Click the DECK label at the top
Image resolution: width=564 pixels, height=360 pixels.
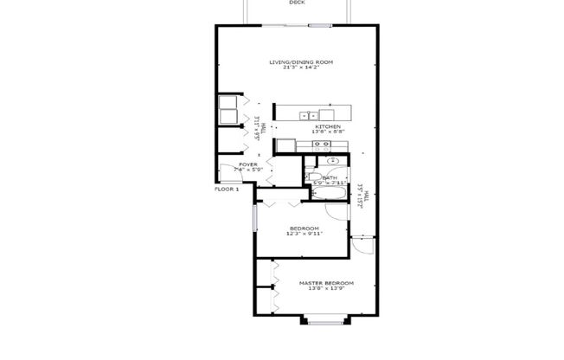pos(297,3)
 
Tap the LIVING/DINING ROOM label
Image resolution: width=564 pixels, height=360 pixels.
pos(300,62)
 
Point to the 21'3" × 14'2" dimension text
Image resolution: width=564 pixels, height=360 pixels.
pos(300,68)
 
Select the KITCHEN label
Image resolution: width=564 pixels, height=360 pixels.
pos(328,126)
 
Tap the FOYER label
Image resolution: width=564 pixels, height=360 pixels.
pos(248,164)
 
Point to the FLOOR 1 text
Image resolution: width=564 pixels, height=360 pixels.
pos(227,189)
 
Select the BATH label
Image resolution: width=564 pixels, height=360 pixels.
pos(330,178)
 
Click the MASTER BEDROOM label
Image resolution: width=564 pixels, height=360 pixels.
pos(326,283)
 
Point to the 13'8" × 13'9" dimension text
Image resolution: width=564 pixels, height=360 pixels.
pos(326,289)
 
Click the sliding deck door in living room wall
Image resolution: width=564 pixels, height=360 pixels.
pos(297,27)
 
